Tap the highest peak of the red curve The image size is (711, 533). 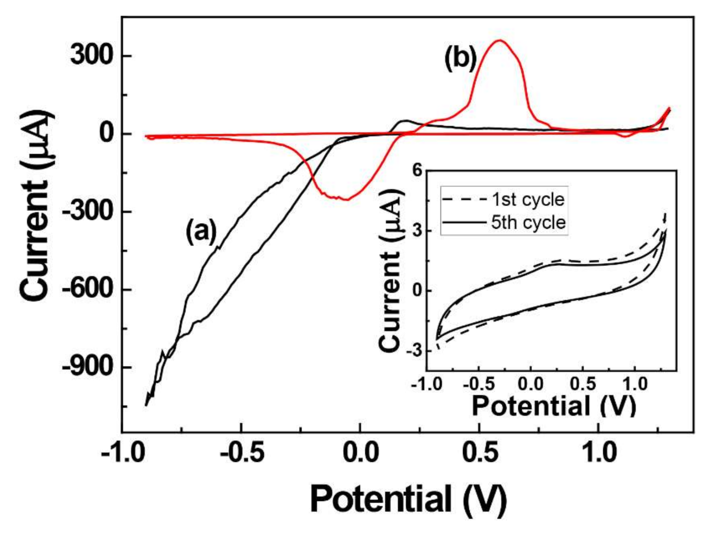click(499, 40)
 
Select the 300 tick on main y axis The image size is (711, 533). click(92, 55)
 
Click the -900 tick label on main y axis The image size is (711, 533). click(87, 367)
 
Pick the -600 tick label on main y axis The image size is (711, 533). click(87, 289)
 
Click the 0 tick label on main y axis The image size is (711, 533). click(106, 133)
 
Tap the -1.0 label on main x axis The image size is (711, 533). click(122, 454)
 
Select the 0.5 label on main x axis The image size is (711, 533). click(479, 454)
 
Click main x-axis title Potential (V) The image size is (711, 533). click(408, 499)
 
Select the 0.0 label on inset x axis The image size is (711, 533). click(530, 384)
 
